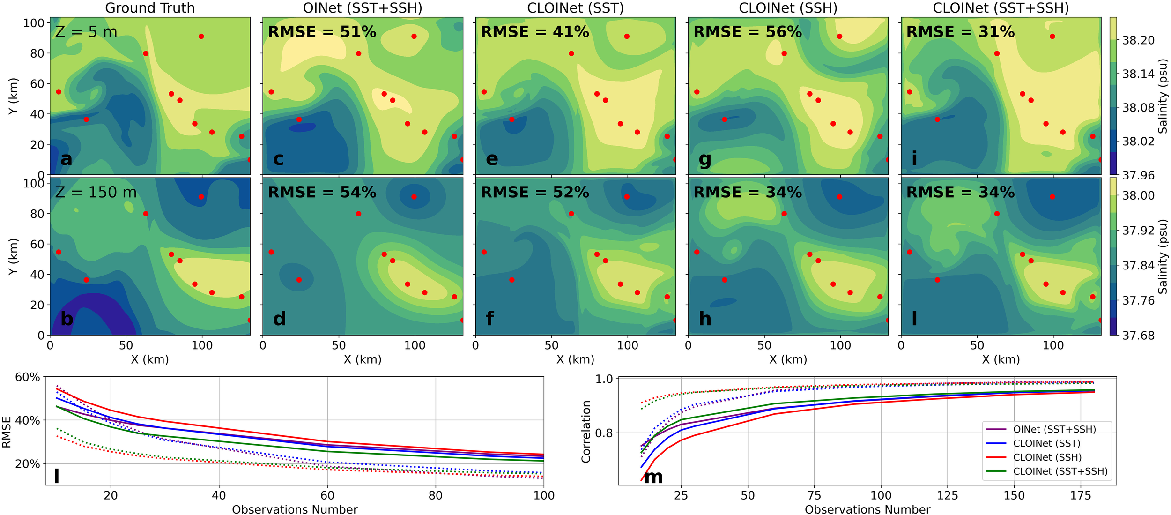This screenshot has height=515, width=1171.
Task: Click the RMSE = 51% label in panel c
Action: click(x=322, y=32)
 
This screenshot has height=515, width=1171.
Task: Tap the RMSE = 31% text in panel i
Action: click(x=960, y=32)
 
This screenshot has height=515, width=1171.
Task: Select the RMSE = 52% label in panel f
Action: click(x=534, y=192)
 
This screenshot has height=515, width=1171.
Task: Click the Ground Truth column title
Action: click(x=150, y=8)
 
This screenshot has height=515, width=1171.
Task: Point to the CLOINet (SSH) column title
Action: click(x=788, y=8)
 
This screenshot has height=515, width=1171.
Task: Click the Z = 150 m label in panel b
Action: click(x=96, y=192)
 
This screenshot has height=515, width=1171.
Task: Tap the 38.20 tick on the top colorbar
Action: click(x=1138, y=40)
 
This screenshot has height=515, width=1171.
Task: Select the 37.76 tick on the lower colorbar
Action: click(x=1138, y=300)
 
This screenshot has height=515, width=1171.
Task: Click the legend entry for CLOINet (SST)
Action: click(x=1046, y=443)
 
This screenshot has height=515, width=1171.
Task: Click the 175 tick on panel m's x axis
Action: click(x=1081, y=495)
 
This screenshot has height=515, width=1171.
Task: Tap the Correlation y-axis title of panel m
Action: click(x=586, y=432)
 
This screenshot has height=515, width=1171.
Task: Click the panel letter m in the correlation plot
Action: click(x=653, y=477)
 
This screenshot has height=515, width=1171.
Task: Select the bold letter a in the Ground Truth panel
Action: click(x=66, y=159)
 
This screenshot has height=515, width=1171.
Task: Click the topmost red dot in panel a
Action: click(x=201, y=37)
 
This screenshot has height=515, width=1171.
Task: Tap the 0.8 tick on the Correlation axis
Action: click(x=604, y=433)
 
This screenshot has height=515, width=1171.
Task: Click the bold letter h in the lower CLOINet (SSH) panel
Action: click(x=704, y=319)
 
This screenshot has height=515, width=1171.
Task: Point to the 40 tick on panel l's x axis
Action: click(x=219, y=495)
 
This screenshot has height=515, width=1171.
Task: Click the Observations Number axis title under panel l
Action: click(x=295, y=509)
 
